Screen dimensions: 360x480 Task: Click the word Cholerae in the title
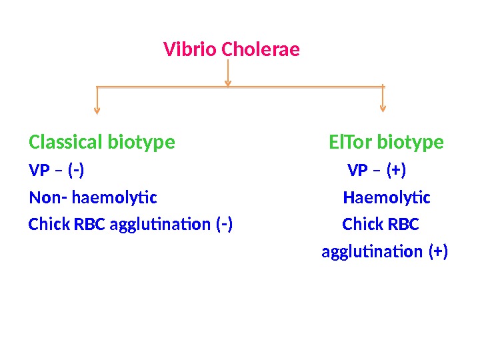261,50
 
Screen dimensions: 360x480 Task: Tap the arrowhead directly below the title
228,83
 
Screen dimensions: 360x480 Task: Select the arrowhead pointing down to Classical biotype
97,110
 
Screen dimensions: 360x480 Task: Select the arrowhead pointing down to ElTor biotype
383,107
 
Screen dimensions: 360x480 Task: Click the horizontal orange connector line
167,87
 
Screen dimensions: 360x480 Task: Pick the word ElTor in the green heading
351,143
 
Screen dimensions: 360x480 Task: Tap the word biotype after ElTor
410,143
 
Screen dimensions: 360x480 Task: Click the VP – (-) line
57,171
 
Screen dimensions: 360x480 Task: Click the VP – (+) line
377,171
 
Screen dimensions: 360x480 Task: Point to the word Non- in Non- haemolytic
48,198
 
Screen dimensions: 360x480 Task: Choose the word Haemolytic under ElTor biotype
387,198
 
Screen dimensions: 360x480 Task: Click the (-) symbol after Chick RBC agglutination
225,225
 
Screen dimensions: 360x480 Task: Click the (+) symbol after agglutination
438,252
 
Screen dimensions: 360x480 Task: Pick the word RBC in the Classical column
89,225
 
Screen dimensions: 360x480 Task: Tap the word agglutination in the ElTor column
373,252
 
